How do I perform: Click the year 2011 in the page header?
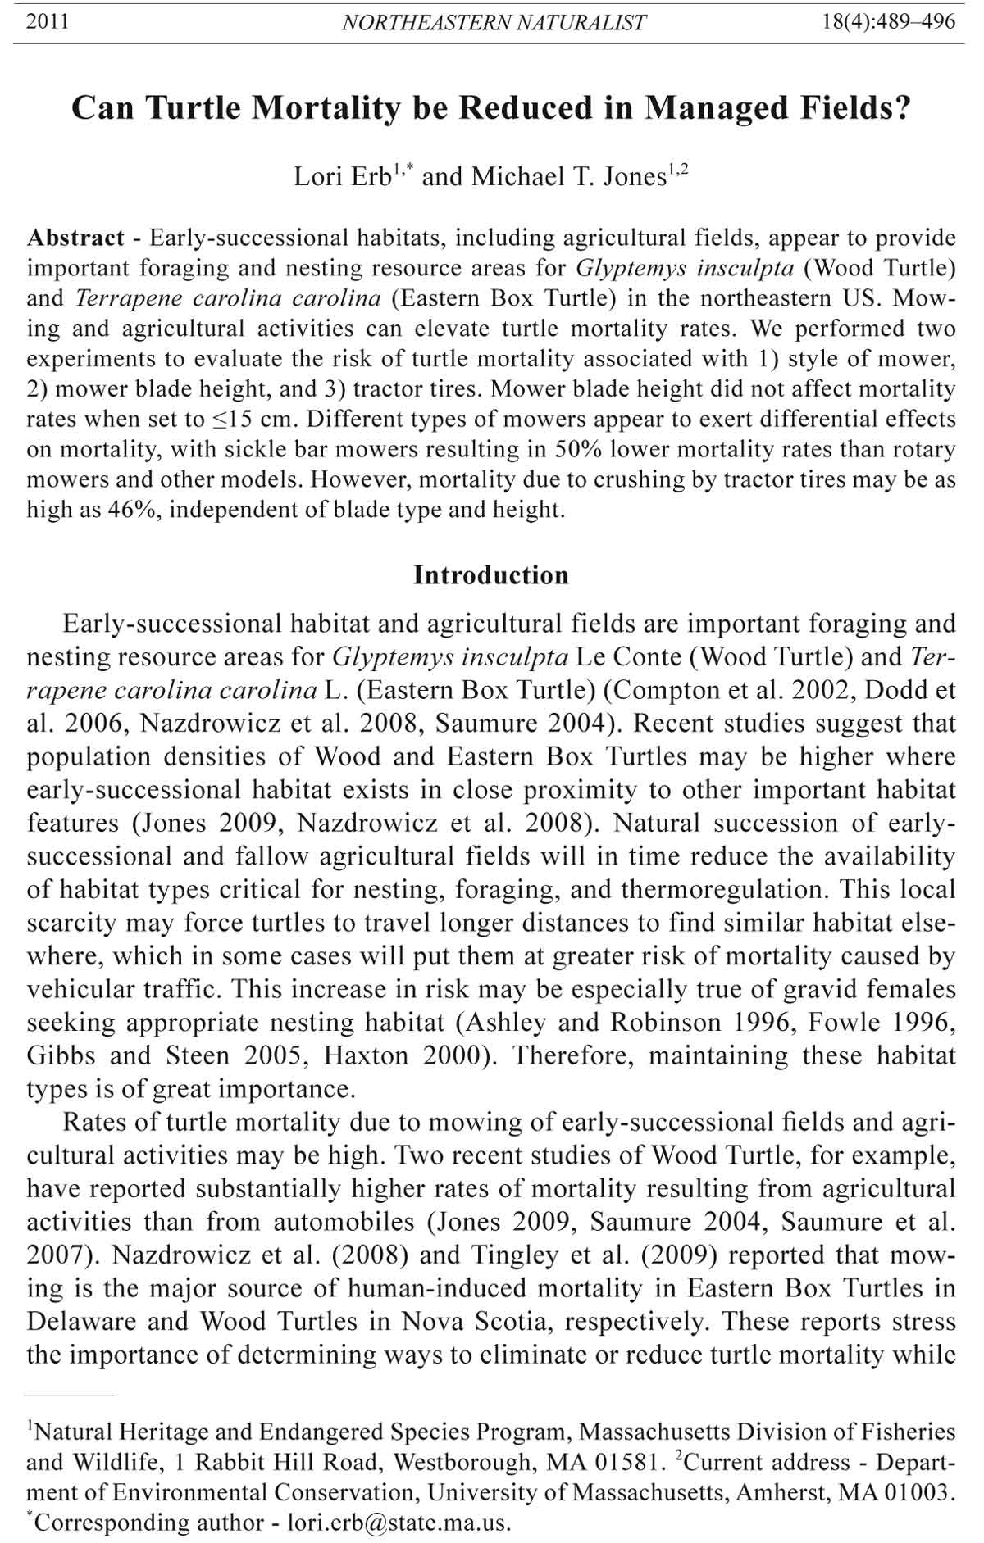(48, 22)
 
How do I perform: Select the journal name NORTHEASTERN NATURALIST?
(494, 23)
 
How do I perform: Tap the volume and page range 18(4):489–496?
(889, 22)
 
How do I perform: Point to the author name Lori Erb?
(343, 177)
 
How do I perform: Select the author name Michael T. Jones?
(567, 177)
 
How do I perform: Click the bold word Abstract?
(75, 238)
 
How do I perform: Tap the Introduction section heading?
(490, 575)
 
